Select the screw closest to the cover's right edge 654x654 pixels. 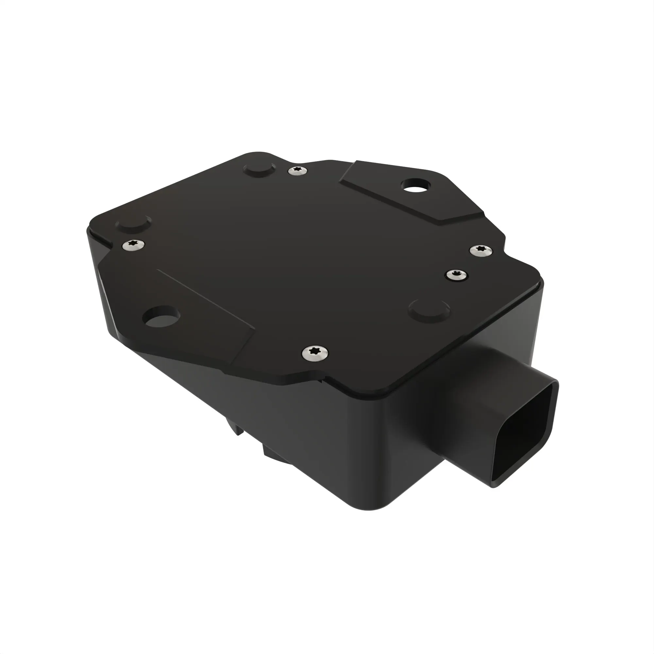point(481,250)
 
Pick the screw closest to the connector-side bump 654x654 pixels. point(456,275)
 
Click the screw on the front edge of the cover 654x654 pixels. point(315,353)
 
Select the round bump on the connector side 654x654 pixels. point(429,309)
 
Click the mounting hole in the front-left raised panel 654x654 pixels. point(161,317)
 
